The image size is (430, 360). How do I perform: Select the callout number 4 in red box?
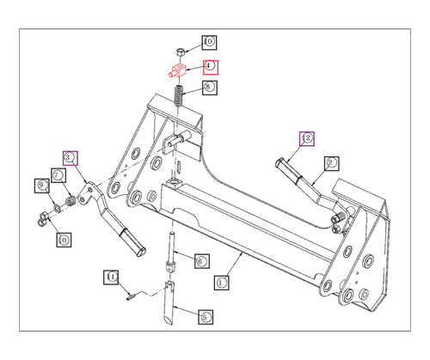(210, 67)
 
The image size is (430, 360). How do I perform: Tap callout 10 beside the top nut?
(209, 41)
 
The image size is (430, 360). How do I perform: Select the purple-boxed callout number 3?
(70, 157)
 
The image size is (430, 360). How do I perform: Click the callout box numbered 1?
(221, 281)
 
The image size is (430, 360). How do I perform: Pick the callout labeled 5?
(205, 317)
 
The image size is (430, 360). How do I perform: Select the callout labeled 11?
(111, 277)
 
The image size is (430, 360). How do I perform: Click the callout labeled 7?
(58, 175)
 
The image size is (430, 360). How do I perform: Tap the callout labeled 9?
(40, 185)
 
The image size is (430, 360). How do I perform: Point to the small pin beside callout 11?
(129, 297)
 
